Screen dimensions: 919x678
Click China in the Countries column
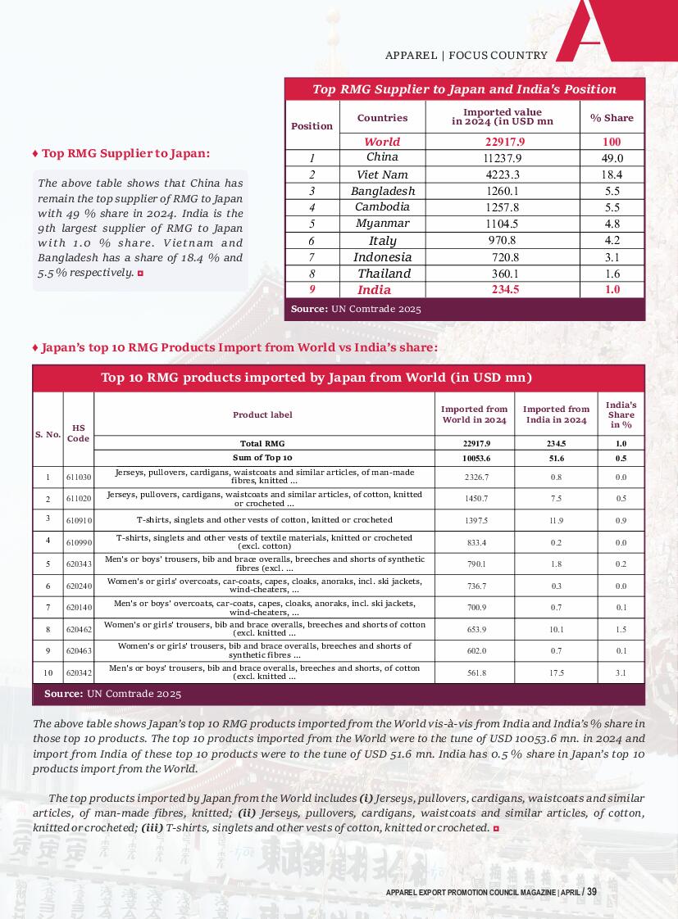point(382,157)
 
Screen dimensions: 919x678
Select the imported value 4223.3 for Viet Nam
point(503,174)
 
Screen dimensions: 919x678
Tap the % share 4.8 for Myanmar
point(612,224)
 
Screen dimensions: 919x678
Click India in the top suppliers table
point(374,290)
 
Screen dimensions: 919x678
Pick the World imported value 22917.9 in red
point(503,142)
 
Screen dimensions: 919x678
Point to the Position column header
point(312,126)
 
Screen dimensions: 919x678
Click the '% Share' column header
point(612,118)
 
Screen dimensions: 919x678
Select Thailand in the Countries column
point(384,274)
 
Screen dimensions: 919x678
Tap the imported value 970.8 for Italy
point(503,240)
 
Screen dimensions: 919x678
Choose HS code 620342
point(79,672)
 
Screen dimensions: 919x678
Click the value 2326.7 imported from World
point(475,477)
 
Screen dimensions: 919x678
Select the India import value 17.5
point(557,672)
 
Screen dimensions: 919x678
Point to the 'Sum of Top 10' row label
point(262,457)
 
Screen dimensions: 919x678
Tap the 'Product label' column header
point(262,414)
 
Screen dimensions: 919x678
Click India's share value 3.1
point(621,672)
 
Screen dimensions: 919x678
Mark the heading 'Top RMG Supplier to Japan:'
point(125,153)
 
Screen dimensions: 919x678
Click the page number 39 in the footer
point(591,892)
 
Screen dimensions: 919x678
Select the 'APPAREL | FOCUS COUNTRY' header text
point(466,56)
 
